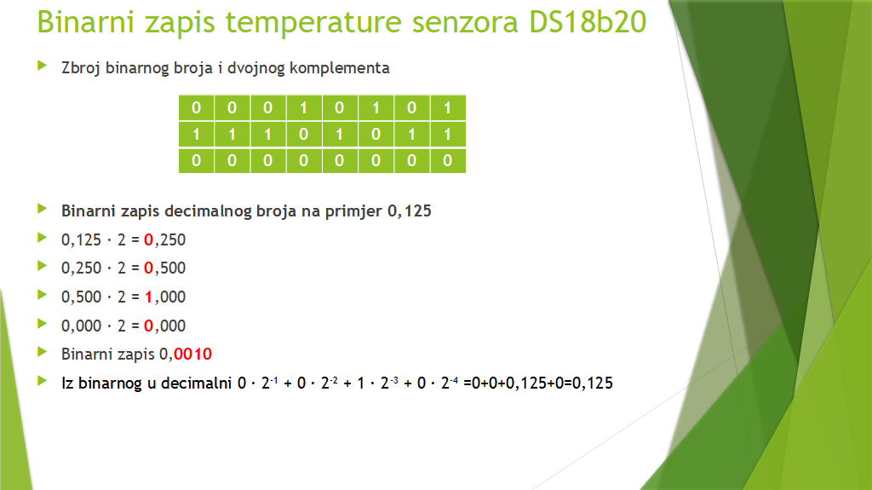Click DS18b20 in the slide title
[x=588, y=22]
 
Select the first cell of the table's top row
[x=197, y=108]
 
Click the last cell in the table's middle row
[x=448, y=134]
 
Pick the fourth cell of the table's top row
[x=304, y=108]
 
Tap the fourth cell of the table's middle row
[x=304, y=134]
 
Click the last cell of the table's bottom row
[x=448, y=161]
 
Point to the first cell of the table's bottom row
[x=197, y=161]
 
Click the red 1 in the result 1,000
[x=148, y=297]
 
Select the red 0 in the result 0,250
[x=148, y=240]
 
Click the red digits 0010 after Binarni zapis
[x=193, y=355]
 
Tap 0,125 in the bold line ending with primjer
[x=410, y=211]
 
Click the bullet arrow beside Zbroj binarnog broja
[x=43, y=66]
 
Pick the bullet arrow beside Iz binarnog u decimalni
[x=43, y=381]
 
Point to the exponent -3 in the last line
[x=394, y=380]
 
